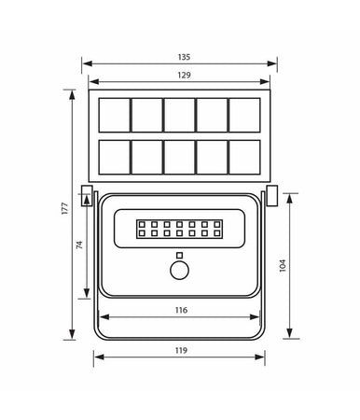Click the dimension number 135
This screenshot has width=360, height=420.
point(179,55)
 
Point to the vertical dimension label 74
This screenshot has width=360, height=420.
point(80,245)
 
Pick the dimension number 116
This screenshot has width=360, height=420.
point(180,310)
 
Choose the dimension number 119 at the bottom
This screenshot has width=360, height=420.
point(180,350)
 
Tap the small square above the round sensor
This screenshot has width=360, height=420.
point(177,254)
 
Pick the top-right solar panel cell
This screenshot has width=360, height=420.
point(244,114)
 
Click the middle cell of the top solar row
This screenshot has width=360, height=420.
point(178,114)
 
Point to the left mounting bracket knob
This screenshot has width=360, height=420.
point(87,195)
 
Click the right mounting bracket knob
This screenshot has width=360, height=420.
point(271,195)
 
